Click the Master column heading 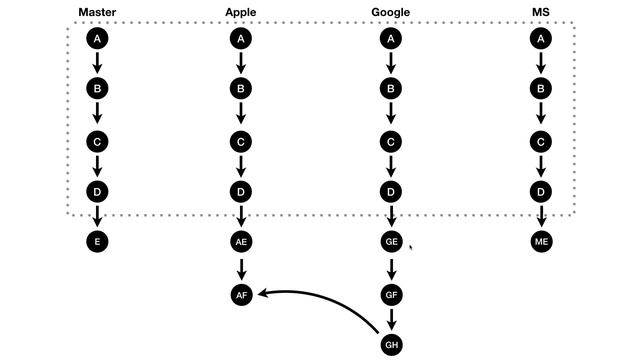pos(98,13)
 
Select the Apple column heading pos(240,13)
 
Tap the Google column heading pos(391,13)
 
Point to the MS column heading pos(541,13)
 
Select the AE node pos(240,242)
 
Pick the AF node pos(240,294)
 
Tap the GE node pos(391,242)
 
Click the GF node pos(391,294)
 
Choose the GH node pos(391,345)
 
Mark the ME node pos(541,242)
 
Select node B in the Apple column pos(240,89)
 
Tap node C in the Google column pos(391,141)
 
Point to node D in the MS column pos(541,191)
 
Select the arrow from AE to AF pos(240,268)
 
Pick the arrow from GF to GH pos(391,319)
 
